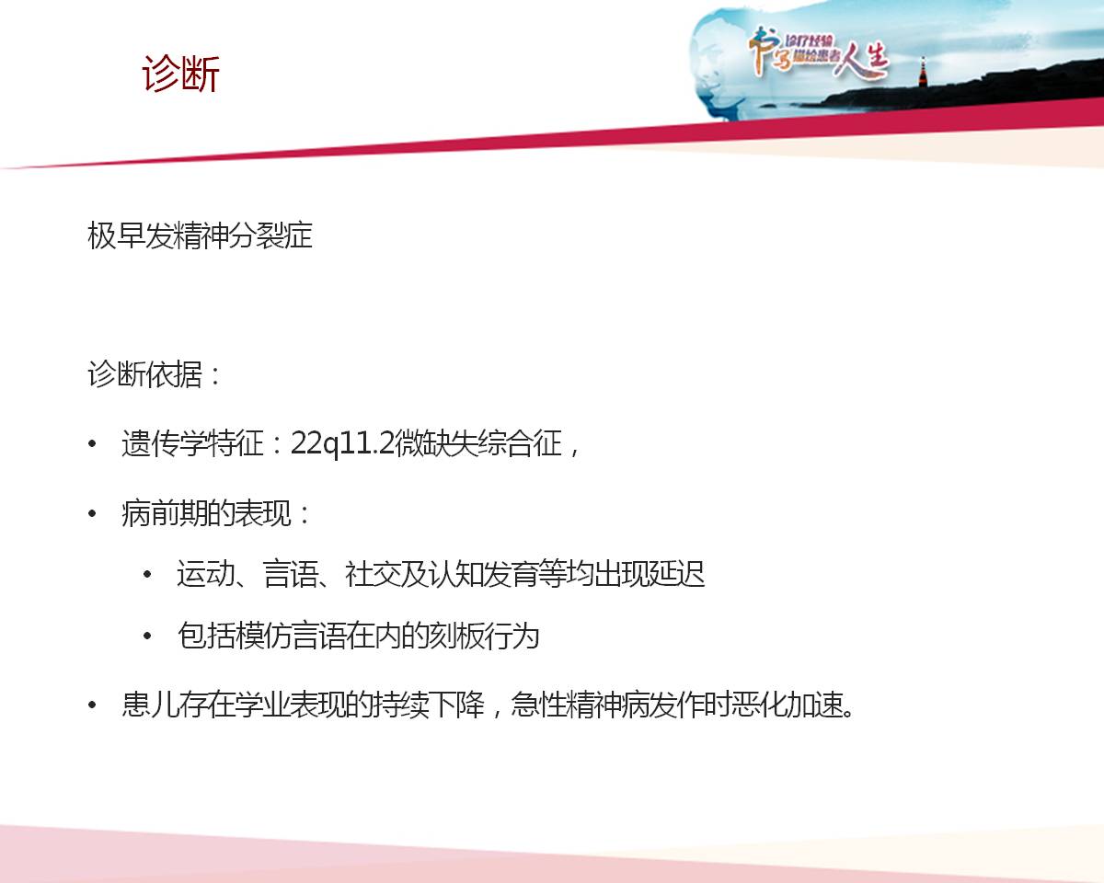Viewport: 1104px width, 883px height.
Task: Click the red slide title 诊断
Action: coord(181,74)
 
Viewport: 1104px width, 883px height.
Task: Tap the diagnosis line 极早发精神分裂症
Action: coord(200,236)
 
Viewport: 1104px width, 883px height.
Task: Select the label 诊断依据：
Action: coord(155,374)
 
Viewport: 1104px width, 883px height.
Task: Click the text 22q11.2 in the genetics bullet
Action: coord(342,443)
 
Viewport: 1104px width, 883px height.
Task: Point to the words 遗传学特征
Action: coord(192,443)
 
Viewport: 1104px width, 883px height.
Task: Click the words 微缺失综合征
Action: coord(478,443)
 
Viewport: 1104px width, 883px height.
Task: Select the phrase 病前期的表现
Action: coord(206,513)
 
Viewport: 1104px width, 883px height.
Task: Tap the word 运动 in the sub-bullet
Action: coord(206,574)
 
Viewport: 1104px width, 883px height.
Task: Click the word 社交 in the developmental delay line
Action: coord(373,574)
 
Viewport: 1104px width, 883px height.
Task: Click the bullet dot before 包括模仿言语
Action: coord(148,636)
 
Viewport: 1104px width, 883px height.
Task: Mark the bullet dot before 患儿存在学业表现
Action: coord(92,705)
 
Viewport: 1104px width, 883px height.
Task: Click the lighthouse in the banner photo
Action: coord(923,72)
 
